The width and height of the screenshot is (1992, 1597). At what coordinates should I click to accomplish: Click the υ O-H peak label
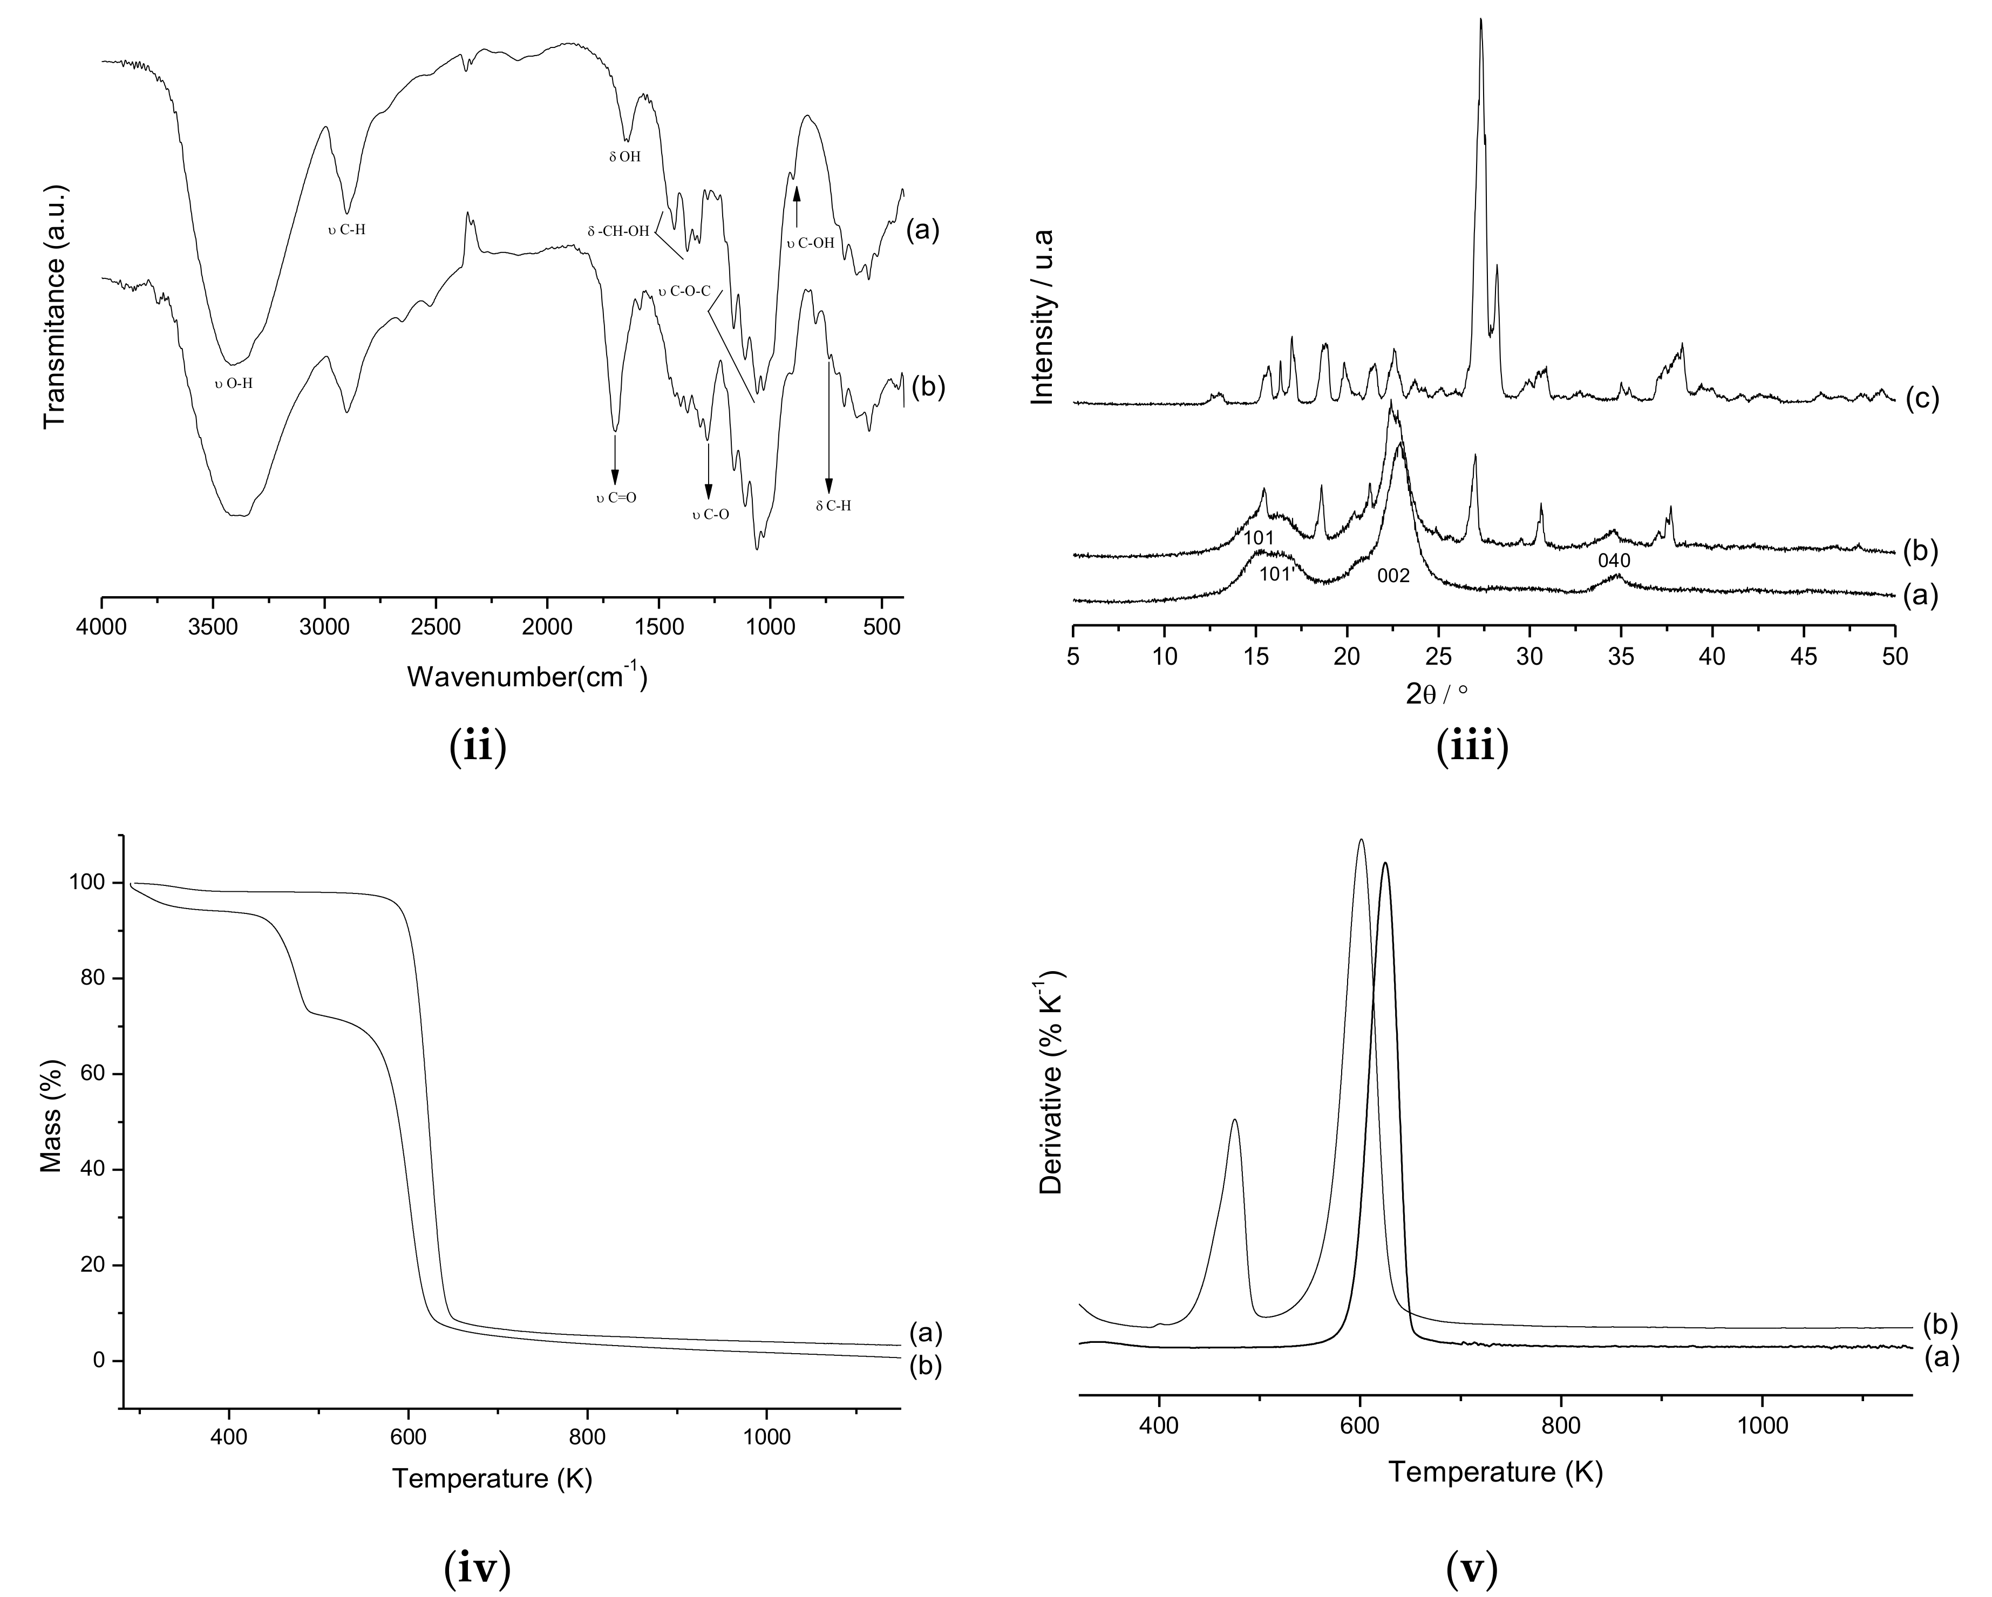[x=234, y=383]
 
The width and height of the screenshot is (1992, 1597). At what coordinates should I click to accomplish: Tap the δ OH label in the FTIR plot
[x=624, y=157]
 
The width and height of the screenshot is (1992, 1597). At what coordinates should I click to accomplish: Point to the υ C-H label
[x=346, y=229]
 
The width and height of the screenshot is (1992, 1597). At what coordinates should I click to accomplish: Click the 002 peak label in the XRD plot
[x=1393, y=576]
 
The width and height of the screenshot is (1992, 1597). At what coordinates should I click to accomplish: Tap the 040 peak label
[x=1614, y=561]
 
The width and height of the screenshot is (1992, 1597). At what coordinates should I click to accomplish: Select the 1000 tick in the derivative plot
[x=1762, y=1424]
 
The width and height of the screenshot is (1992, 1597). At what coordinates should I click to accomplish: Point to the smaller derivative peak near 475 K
[x=1234, y=1121]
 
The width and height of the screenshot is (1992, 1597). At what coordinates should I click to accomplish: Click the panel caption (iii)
[x=1472, y=746]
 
